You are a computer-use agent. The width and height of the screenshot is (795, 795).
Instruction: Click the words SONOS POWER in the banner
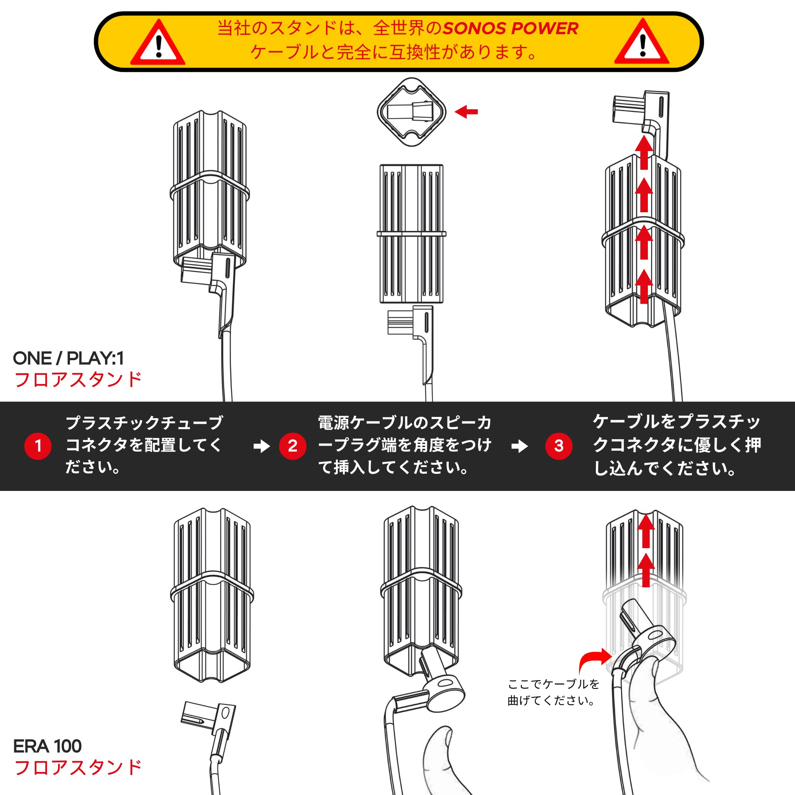click(511, 28)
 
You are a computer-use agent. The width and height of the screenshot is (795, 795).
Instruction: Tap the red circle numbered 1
click(38, 446)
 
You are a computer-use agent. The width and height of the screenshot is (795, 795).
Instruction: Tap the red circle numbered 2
click(293, 446)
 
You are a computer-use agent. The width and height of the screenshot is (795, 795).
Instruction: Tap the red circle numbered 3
click(559, 446)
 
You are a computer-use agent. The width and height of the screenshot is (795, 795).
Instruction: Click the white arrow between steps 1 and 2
click(262, 446)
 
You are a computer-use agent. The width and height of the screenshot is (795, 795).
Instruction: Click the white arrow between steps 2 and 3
click(519, 446)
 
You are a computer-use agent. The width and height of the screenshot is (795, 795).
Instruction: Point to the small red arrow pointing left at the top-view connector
click(466, 112)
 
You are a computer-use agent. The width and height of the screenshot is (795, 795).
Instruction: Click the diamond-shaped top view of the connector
click(411, 112)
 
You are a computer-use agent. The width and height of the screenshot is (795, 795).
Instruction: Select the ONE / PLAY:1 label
click(68, 359)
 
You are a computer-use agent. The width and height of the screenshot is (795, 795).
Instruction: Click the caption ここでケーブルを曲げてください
click(553, 692)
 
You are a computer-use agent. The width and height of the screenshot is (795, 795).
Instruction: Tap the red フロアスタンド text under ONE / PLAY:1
click(78, 379)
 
